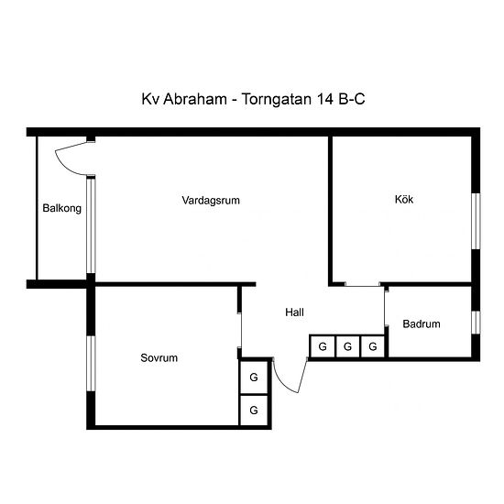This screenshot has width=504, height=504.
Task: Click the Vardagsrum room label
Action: (211, 201)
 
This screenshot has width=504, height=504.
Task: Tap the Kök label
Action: (404, 199)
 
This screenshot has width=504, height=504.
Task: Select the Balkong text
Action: (61, 208)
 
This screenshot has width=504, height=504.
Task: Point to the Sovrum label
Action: (159, 357)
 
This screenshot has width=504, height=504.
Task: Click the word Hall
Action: (294, 312)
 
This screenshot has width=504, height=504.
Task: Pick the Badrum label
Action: (422, 323)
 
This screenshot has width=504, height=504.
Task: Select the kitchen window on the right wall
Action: (476, 221)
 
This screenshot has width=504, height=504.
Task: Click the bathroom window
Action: (476, 323)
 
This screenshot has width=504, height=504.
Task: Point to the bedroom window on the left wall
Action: (91, 364)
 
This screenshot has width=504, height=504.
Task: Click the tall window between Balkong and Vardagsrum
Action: (91, 225)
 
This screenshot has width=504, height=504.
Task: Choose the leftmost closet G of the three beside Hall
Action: (322, 346)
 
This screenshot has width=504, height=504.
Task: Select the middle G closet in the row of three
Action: (347, 346)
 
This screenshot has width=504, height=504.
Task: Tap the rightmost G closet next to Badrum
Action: (373, 346)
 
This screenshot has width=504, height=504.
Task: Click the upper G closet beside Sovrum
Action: (254, 377)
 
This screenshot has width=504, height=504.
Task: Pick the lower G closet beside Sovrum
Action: (254, 411)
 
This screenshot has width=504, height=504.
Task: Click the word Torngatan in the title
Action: (277, 99)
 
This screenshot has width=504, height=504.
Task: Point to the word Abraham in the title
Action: (195, 99)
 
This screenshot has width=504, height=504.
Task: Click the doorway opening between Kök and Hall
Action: (362, 284)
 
